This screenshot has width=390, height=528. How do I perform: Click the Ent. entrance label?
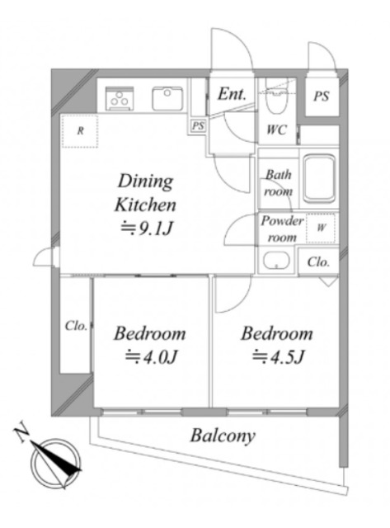point(232,94)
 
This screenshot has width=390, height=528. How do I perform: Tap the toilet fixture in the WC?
point(276,97)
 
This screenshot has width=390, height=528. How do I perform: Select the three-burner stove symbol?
point(119,98)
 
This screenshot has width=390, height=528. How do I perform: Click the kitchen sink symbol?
point(167,98)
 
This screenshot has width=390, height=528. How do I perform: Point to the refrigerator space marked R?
point(80,130)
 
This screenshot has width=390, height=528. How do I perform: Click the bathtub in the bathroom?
point(319,178)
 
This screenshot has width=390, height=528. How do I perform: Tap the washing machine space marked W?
point(321,228)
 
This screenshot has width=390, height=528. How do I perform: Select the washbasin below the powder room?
point(276,261)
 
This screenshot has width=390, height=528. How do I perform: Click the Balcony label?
point(223,436)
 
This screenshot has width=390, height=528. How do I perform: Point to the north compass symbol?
point(55,463)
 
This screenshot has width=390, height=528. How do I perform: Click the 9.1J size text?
point(148,228)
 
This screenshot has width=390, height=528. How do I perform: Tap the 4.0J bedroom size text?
point(151,356)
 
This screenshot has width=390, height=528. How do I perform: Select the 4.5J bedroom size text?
point(279,356)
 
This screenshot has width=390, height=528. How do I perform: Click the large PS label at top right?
point(322,97)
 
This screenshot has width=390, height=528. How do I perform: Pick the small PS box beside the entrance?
point(198,126)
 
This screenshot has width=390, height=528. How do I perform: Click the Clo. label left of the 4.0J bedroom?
point(76,326)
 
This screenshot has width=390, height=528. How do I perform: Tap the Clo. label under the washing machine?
point(318,262)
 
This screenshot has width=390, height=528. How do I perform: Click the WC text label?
point(276,130)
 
